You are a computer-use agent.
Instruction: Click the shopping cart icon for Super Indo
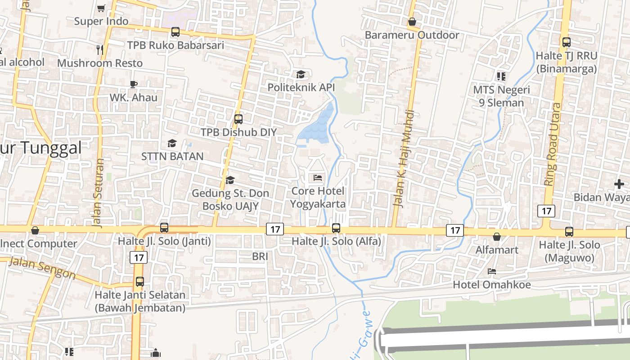(101, 8)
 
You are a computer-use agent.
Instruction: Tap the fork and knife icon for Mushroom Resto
(100, 49)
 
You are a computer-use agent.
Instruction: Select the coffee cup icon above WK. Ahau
(133, 84)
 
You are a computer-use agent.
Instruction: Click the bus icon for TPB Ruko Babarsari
(175, 32)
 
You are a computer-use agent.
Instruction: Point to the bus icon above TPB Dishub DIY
(238, 119)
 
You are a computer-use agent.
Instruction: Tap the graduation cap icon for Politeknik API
(300, 74)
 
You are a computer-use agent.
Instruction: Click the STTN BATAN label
(172, 156)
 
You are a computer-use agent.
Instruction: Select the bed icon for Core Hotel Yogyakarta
(318, 178)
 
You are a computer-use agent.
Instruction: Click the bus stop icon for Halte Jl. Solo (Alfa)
(336, 228)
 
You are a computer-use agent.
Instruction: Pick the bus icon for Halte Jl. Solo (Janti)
(164, 228)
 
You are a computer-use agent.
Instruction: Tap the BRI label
(260, 256)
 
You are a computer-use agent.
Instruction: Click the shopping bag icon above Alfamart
(497, 237)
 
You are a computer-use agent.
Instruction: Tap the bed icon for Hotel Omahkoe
(492, 271)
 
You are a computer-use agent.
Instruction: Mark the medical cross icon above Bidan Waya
(619, 184)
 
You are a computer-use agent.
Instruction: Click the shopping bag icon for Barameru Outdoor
(412, 22)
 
